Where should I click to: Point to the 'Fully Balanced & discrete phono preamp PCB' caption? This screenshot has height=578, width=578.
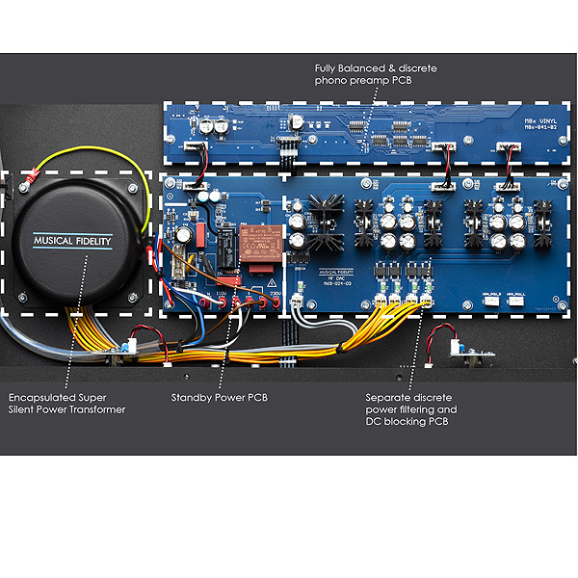point(377,74)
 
